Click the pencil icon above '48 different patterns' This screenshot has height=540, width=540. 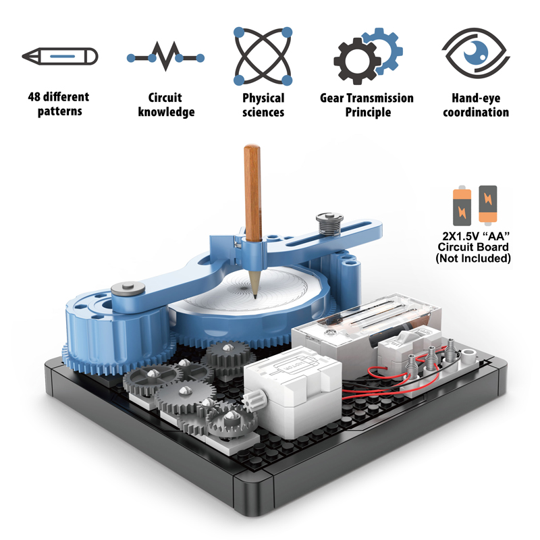[x=59, y=55]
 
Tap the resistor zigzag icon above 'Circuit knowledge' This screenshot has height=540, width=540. [x=165, y=56]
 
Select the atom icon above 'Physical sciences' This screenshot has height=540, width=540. [x=263, y=56]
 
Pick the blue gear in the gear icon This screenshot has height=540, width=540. [x=383, y=46]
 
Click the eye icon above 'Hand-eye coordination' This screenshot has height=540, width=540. [x=475, y=55]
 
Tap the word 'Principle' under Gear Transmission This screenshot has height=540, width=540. [x=368, y=113]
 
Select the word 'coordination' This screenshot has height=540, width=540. [x=476, y=113]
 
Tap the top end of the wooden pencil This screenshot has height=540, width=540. [x=251, y=150]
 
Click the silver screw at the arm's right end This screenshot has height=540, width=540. [x=325, y=221]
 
